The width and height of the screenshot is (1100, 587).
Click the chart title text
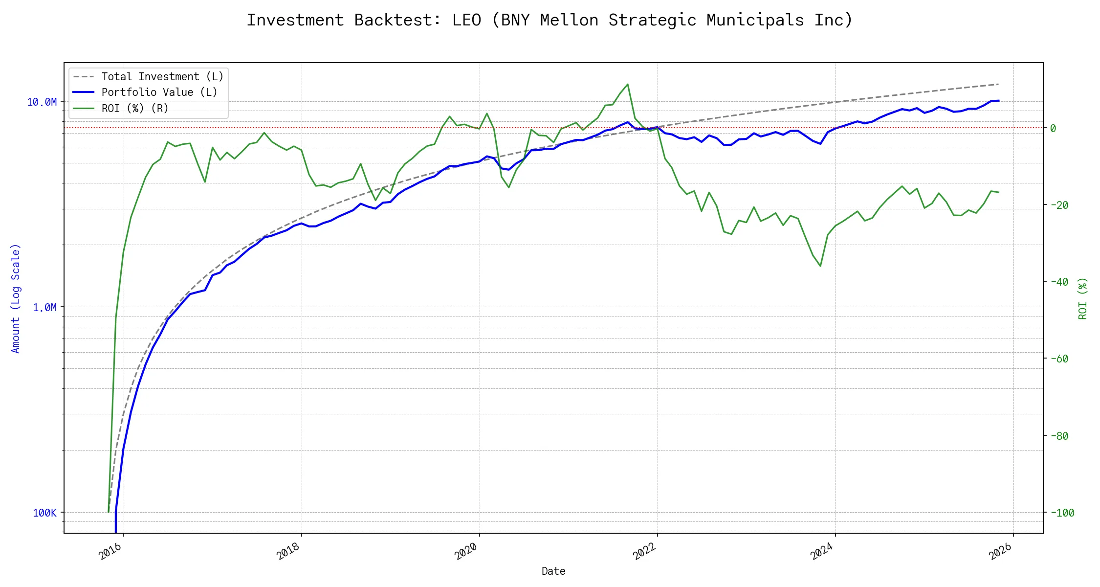click(x=550, y=20)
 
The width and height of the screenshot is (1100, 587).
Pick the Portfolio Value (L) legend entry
click(x=159, y=92)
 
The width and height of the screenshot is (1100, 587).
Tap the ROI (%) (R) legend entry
click(x=135, y=109)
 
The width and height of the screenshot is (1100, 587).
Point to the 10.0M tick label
click(x=42, y=102)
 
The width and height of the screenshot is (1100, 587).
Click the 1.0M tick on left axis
click(x=44, y=307)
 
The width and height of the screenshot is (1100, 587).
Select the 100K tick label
click(x=44, y=513)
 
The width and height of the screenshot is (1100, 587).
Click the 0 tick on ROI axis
click(x=1053, y=128)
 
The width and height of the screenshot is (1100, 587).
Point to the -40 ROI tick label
click(x=1059, y=282)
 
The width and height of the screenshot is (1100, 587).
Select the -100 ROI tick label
click(x=1062, y=513)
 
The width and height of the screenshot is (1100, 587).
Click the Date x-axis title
click(x=553, y=571)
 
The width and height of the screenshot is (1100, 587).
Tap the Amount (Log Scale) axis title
click(x=16, y=298)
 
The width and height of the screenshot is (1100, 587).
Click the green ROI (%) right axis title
click(x=1083, y=298)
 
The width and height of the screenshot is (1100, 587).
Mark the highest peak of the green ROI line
click(x=628, y=84)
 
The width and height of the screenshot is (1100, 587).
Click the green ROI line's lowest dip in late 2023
click(x=820, y=266)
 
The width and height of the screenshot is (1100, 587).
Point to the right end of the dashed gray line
click(x=998, y=84)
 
